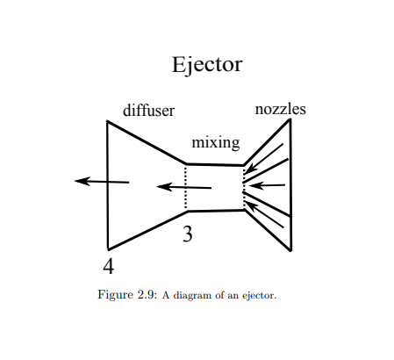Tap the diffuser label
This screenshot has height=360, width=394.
pos(148,111)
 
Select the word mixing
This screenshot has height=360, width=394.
pos(216,142)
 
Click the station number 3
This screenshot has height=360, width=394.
pos(187,234)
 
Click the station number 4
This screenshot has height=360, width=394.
pos(108,265)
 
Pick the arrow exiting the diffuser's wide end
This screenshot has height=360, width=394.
pos(102,181)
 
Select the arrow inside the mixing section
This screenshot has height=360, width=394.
pos(183,186)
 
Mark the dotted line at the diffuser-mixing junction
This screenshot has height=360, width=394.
pos(186,186)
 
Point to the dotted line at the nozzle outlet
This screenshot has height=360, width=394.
pos(244,186)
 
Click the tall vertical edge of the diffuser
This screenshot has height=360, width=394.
pos(108,184)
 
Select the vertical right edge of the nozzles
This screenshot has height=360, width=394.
pos(290,184)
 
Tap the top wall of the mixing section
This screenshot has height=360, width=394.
pos(215,164)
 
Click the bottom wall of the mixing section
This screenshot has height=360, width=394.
pos(215,211)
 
